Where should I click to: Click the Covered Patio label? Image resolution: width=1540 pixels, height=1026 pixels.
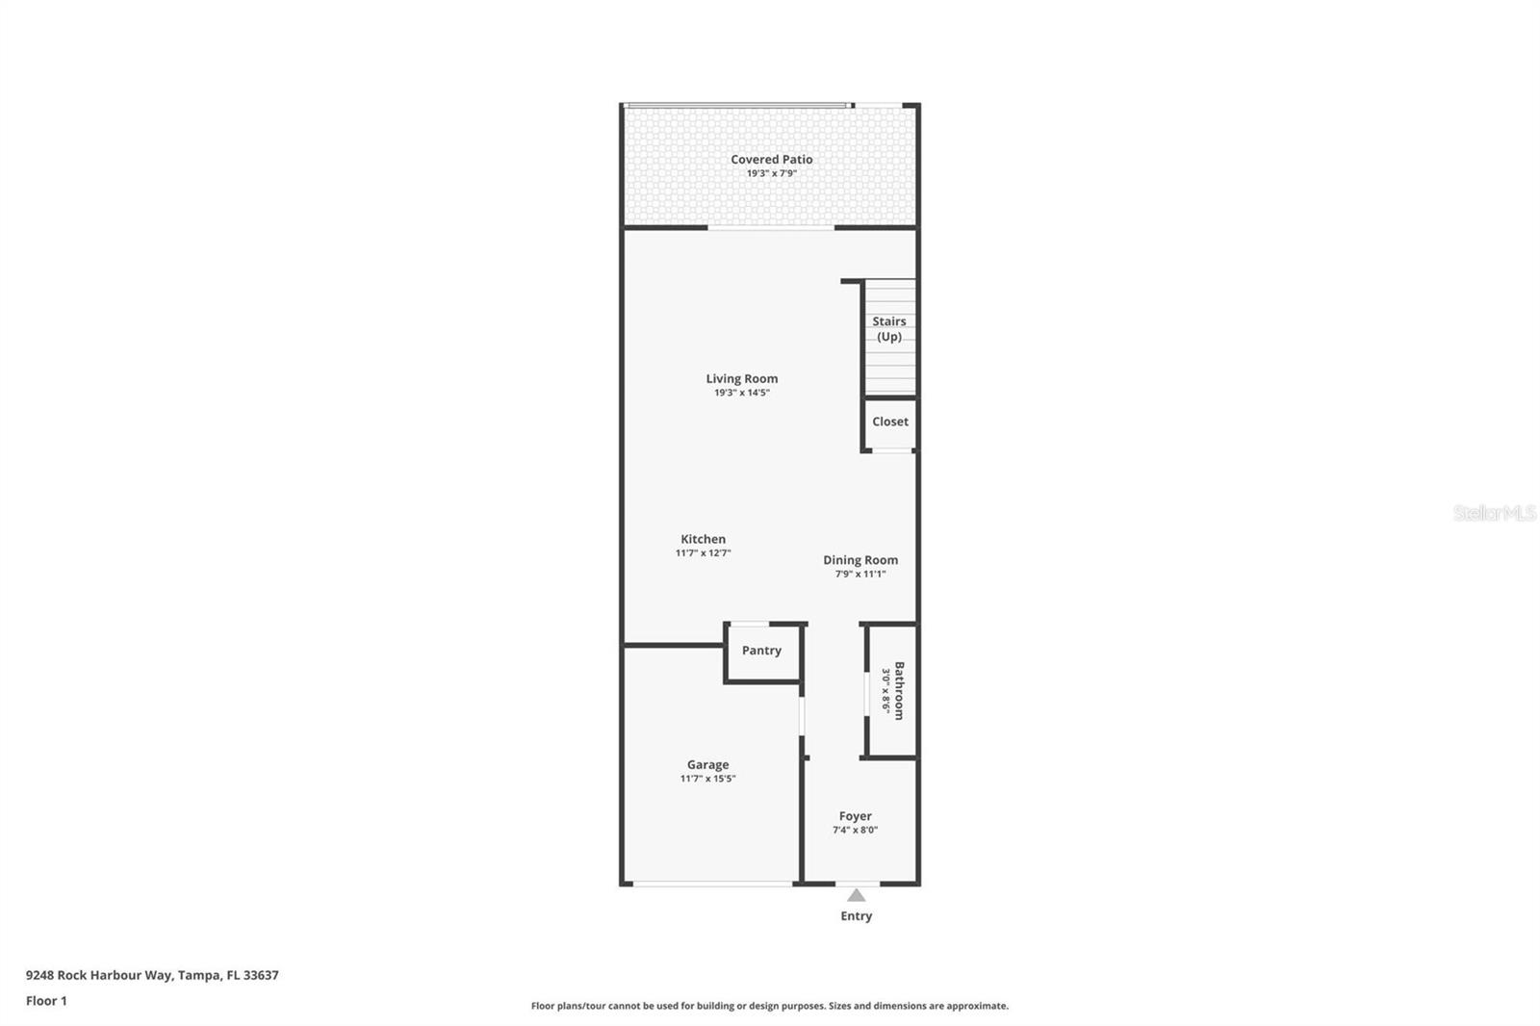[x=771, y=160]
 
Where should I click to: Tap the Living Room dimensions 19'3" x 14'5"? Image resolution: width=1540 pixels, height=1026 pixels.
[x=741, y=393]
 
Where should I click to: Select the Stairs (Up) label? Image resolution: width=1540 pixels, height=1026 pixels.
[x=889, y=328]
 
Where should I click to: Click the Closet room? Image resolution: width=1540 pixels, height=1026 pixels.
[x=890, y=422]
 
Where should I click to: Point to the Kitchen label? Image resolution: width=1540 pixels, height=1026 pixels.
[x=703, y=539]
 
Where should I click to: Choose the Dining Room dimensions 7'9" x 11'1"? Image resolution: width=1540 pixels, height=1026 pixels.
[x=860, y=574]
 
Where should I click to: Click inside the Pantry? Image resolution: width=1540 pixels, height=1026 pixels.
[x=761, y=651]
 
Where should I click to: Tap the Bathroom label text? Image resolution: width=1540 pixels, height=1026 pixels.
[x=899, y=690]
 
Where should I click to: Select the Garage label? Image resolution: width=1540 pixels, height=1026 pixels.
[x=707, y=764]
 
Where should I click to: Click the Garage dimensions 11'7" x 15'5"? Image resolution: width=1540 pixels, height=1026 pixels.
[x=707, y=779]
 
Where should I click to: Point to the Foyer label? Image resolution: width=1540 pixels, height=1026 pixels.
[x=855, y=816]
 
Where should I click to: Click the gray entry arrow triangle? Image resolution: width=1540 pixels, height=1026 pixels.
[x=856, y=895]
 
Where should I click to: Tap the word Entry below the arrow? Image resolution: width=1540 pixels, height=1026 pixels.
[x=856, y=915]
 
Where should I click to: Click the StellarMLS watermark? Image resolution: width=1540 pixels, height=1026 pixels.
[x=1494, y=513]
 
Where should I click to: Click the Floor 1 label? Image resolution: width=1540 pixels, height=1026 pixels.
[x=46, y=1001]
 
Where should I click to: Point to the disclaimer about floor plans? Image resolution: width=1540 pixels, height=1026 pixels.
[x=769, y=1006]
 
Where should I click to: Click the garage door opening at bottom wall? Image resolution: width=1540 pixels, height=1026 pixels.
[x=710, y=884]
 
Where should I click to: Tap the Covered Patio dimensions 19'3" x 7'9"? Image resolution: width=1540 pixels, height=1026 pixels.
[x=771, y=173]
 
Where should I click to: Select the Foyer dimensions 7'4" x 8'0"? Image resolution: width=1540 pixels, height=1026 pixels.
[x=855, y=830]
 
